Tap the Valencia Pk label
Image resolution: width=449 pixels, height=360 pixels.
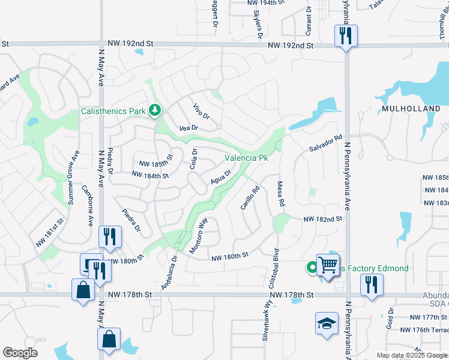[246, 158]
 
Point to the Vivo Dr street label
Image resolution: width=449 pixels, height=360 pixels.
[202, 111]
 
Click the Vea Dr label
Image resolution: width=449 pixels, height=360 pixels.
[188, 128]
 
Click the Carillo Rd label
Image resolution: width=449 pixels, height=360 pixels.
[250, 197]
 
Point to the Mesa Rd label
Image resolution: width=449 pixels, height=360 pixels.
[280, 194]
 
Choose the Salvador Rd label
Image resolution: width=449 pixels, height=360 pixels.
[325, 143]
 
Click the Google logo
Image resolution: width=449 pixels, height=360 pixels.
[20, 353]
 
